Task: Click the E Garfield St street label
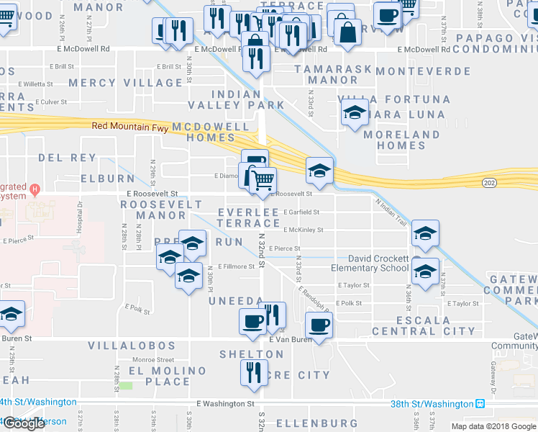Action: tap(301, 212)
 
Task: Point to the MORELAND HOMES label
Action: tap(411, 140)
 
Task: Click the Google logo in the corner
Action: tap(24, 423)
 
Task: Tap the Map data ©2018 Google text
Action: tap(493, 426)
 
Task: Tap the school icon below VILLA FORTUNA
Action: tap(354, 114)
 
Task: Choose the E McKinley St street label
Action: tap(303, 230)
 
